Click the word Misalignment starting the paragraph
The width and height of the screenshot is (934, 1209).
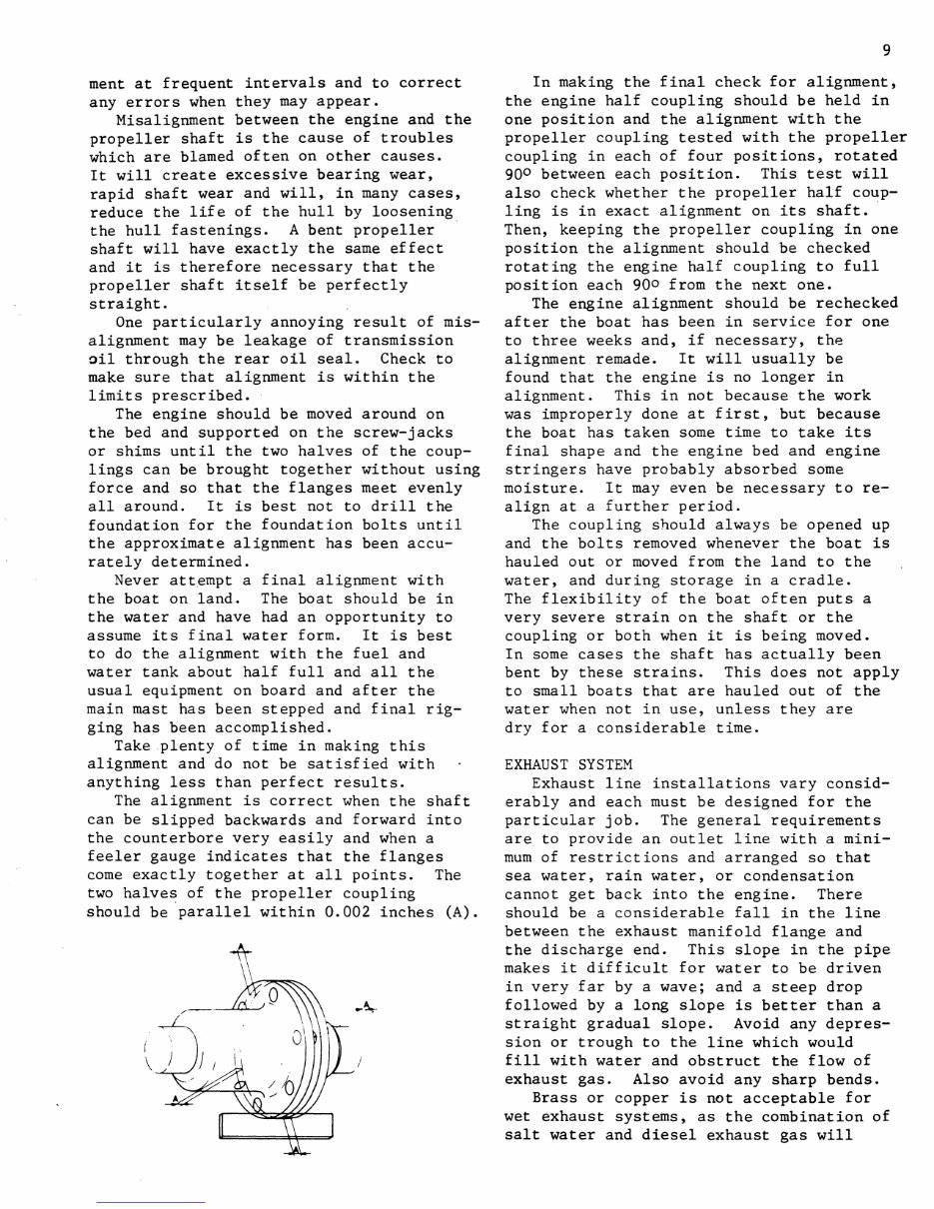169,120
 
